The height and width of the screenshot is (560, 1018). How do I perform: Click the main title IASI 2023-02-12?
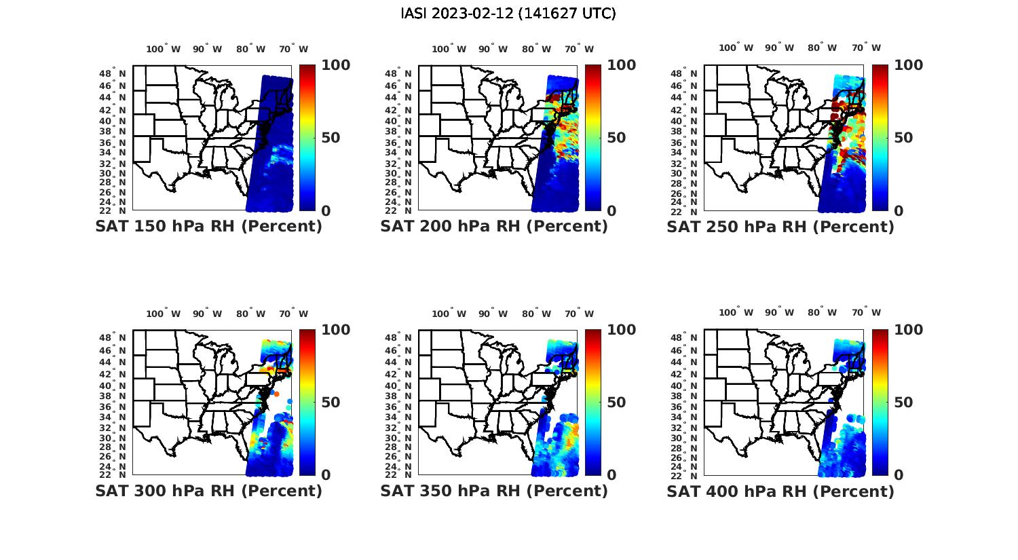point(508,14)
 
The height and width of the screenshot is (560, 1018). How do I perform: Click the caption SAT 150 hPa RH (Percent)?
point(209,227)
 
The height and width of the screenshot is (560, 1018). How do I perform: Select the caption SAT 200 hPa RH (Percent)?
point(494,227)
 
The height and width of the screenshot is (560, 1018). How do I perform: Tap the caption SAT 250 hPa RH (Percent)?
point(780,227)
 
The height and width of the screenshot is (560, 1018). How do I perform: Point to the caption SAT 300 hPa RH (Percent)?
point(209,491)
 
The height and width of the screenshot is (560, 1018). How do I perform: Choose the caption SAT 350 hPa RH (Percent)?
point(494,491)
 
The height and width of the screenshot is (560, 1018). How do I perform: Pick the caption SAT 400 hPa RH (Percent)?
point(780,491)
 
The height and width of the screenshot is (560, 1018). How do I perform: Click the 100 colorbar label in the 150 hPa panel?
point(335,65)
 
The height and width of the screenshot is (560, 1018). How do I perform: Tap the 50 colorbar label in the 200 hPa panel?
point(616,138)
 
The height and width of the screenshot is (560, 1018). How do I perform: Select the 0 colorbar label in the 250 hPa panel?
point(899,210)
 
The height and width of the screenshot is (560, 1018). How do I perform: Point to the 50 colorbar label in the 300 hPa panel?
point(331,403)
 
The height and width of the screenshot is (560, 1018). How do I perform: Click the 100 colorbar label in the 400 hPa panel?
point(908,330)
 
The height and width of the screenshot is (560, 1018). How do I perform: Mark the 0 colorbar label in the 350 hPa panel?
point(611,475)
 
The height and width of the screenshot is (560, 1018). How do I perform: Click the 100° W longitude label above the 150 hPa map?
point(164,49)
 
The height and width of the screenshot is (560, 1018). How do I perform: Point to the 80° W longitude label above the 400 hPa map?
point(822,312)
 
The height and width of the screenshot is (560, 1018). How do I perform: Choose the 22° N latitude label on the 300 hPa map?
point(113,474)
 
